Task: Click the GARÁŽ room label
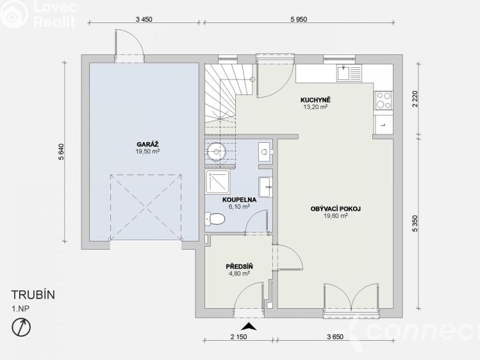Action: [147, 144]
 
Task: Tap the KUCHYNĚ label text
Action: [315, 100]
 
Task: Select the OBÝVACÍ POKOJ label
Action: [336, 209]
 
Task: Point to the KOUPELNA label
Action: [239, 200]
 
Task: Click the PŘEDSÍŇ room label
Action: [239, 266]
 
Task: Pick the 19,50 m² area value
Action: [147, 151]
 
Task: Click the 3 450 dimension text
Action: [144, 19]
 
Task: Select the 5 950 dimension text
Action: [299, 19]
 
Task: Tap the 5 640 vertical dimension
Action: [62, 152]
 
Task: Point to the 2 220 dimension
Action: [415, 100]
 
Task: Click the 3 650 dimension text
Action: [335, 337]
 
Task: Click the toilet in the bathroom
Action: [215, 218]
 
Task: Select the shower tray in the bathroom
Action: [218, 183]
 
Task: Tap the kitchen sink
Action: [349, 73]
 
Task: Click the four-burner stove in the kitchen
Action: [383, 101]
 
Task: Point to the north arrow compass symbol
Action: [21, 327]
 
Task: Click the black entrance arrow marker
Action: [249, 326]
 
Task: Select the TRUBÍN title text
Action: [33, 295]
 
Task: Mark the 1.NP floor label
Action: [21, 309]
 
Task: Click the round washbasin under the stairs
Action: [217, 151]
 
